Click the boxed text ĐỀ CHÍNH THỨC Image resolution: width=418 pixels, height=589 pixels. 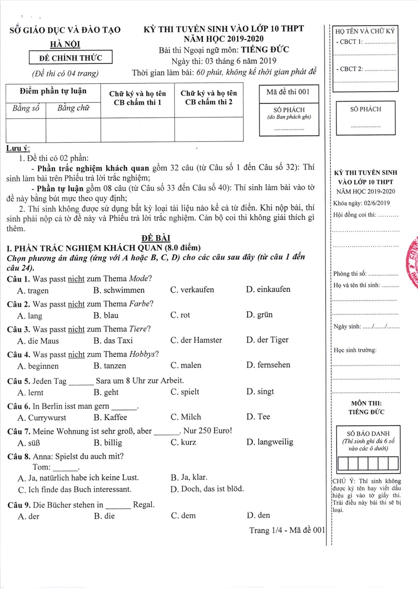point(70,58)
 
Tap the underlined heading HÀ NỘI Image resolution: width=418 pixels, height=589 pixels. point(65,44)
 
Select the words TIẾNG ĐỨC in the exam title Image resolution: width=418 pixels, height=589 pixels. point(265,50)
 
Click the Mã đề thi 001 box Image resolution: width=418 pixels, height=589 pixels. point(288,92)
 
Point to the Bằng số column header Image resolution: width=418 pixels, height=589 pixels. point(26,108)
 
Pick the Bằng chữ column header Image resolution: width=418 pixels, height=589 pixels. point(73,108)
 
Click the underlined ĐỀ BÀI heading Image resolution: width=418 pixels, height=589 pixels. point(155,238)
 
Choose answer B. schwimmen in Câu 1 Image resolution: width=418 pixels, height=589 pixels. point(119,290)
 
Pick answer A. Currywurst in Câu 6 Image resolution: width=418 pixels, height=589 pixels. point(42,418)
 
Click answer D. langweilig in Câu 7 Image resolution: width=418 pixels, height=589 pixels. point(270,442)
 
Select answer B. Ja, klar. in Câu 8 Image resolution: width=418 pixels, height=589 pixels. point(189,477)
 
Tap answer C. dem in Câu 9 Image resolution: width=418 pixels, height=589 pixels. point(183,515)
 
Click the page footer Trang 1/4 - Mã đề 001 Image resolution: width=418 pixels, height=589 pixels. point(287,530)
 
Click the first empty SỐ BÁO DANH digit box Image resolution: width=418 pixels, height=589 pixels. point(342,464)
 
